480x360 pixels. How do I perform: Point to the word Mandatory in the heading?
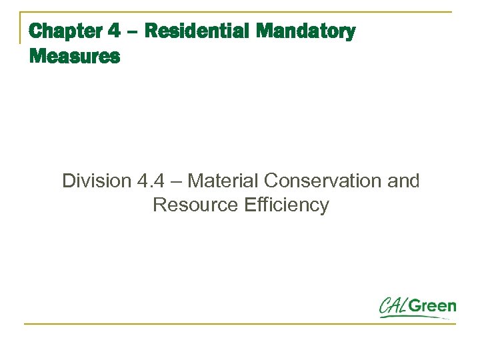306,31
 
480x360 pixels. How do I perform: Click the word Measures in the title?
75,57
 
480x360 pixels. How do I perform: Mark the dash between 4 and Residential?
132,32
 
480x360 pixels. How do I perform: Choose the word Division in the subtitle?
95,181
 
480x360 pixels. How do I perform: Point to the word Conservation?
324,181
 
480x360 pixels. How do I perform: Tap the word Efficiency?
287,205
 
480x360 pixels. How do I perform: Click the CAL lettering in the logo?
394,307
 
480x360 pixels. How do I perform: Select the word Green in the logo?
433,307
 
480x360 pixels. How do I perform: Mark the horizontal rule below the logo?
240,324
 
